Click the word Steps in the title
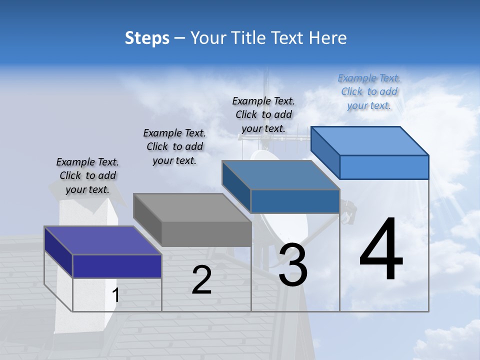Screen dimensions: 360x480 [x=147, y=38]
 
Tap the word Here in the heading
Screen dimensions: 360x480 [x=325, y=38]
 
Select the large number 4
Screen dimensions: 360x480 [x=381, y=250]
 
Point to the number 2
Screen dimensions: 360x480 [x=201, y=280]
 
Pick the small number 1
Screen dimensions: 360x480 [x=115, y=295]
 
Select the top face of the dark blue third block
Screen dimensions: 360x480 [x=280, y=175]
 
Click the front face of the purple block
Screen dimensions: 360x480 [x=117, y=266]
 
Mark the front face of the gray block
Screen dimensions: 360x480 [x=206, y=233]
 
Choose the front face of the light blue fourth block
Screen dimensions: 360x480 [x=384, y=167]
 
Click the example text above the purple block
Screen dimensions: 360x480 [x=87, y=175]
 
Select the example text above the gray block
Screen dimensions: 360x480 [x=174, y=146]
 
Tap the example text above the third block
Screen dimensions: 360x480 [x=263, y=114]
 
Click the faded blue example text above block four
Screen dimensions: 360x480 [x=369, y=91]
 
